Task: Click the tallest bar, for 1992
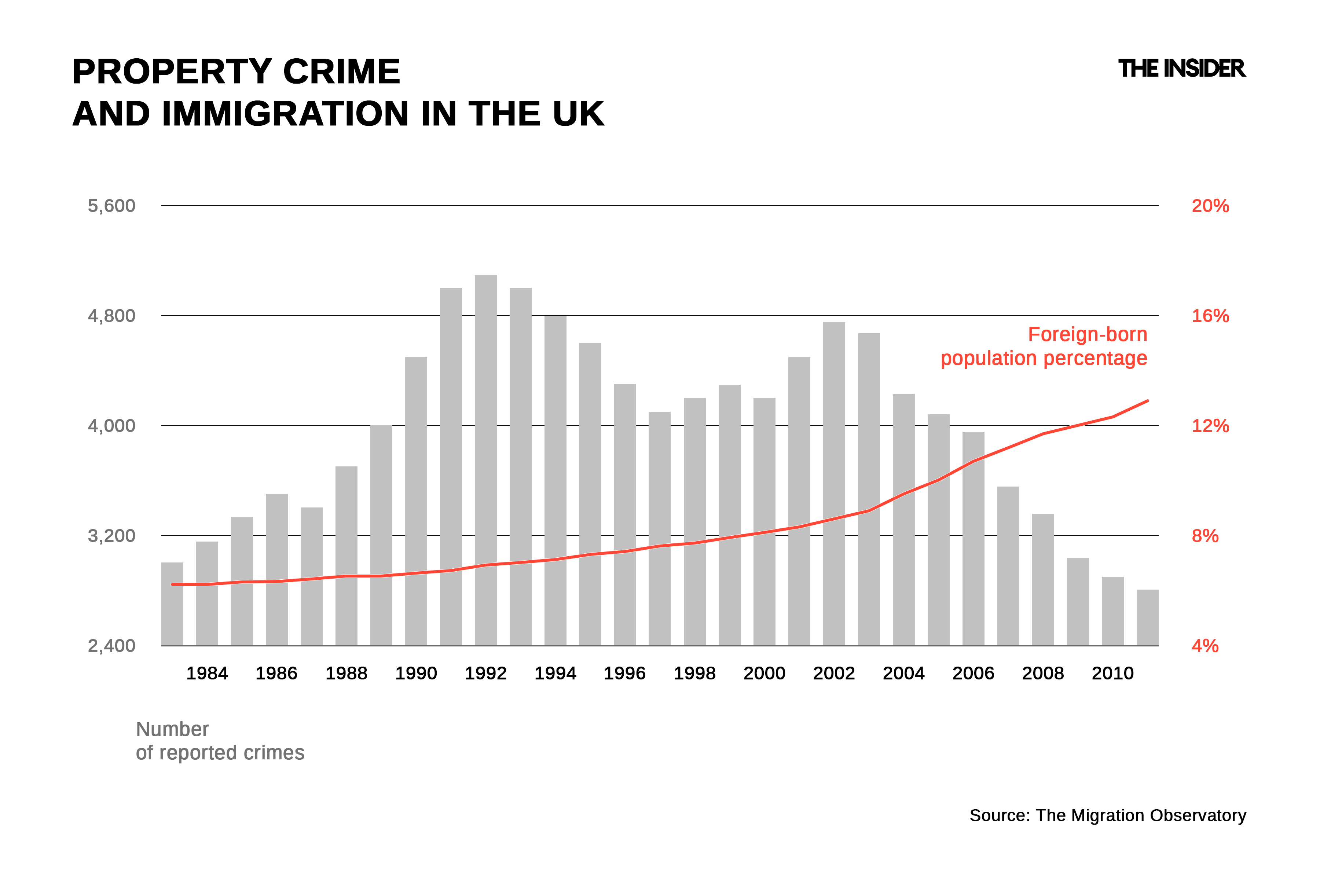point(485,460)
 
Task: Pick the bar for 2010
point(1112,611)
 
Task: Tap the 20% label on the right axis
point(1210,206)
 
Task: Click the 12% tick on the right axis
point(1210,426)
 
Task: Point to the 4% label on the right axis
point(1205,646)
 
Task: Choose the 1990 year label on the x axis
point(416,673)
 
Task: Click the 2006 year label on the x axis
point(973,673)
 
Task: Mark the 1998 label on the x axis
point(694,673)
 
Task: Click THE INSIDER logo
point(1181,69)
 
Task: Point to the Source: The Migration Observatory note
point(1107,815)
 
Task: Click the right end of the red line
point(1148,401)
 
